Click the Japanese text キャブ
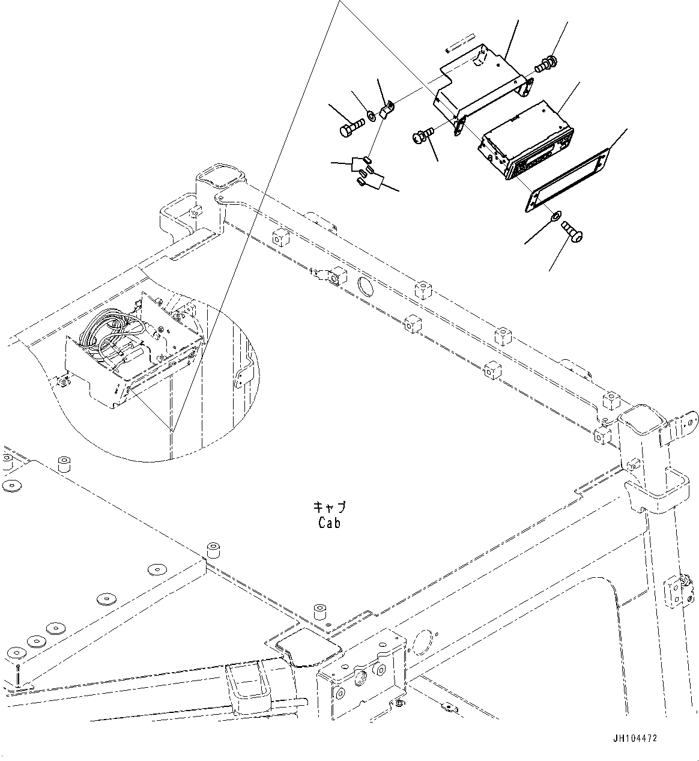330,507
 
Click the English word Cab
330,523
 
